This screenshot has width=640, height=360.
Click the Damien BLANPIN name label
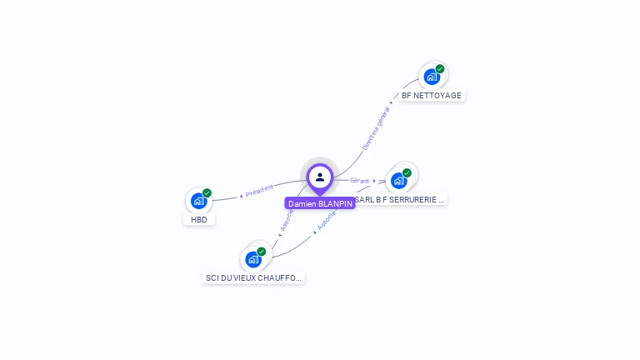click(320, 203)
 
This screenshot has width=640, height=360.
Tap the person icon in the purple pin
click(320, 177)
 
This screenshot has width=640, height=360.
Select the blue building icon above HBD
click(198, 200)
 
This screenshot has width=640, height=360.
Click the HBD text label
click(199, 220)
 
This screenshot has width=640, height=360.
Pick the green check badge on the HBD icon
click(207, 193)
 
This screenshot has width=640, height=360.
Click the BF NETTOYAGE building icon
click(432, 77)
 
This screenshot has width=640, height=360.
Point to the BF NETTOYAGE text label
click(432, 96)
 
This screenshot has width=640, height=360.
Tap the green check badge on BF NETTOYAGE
click(440, 69)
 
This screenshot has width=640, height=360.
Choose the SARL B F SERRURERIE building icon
click(399, 180)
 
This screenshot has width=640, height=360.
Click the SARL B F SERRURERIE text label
click(400, 200)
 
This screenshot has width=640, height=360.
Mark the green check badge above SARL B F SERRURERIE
click(407, 172)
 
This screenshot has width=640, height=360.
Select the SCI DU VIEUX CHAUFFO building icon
click(253, 259)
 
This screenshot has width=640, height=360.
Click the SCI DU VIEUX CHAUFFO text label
click(253, 277)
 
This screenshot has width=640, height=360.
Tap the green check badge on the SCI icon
click(262, 252)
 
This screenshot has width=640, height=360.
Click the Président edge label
click(258, 191)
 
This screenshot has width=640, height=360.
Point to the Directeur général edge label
click(377, 127)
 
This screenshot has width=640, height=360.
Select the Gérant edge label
click(360, 181)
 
